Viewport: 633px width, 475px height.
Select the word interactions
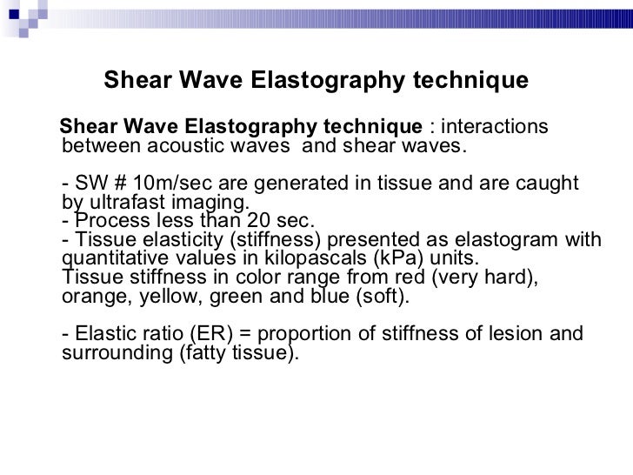pyautogui.click(x=495, y=128)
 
